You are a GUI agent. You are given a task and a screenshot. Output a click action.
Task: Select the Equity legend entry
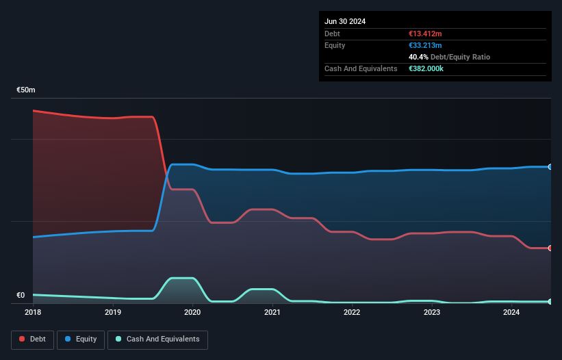81,339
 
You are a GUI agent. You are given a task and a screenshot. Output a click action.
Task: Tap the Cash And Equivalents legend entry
157,339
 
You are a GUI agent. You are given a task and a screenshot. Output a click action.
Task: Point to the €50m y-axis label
26,90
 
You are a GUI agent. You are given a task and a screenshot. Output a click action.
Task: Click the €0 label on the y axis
21,296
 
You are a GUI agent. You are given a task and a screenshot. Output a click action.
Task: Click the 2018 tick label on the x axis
33,312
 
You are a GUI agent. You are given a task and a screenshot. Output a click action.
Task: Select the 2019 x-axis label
113,312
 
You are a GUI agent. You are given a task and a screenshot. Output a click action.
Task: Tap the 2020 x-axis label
192,312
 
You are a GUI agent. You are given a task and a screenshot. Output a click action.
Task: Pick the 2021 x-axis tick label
272,312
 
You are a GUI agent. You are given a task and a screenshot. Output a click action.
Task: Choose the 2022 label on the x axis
352,312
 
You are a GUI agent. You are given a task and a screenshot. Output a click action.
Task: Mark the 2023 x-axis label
432,312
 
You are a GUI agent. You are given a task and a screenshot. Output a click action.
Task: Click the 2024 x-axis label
511,312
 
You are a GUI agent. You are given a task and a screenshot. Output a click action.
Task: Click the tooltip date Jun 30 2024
345,21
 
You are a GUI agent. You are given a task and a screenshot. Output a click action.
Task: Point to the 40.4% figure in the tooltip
419,57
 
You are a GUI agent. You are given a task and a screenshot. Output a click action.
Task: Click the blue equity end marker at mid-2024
550,166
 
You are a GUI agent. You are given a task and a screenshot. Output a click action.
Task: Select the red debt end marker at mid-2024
550,248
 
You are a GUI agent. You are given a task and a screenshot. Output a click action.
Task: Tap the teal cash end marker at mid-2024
550,301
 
